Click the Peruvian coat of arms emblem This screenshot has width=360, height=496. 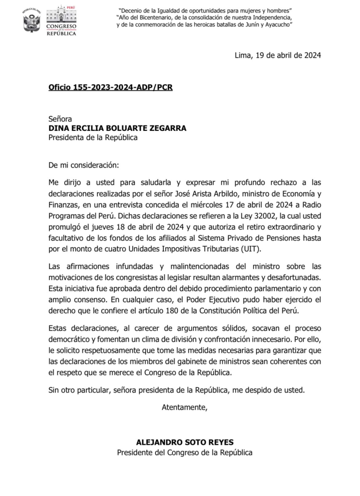32,21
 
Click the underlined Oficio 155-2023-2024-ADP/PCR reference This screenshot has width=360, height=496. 110,88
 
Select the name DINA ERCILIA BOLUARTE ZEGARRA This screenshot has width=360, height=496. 117,128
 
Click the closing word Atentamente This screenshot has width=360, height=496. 184,406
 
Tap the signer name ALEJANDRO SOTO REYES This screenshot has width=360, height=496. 185,442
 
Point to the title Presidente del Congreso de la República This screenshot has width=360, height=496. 185,452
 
